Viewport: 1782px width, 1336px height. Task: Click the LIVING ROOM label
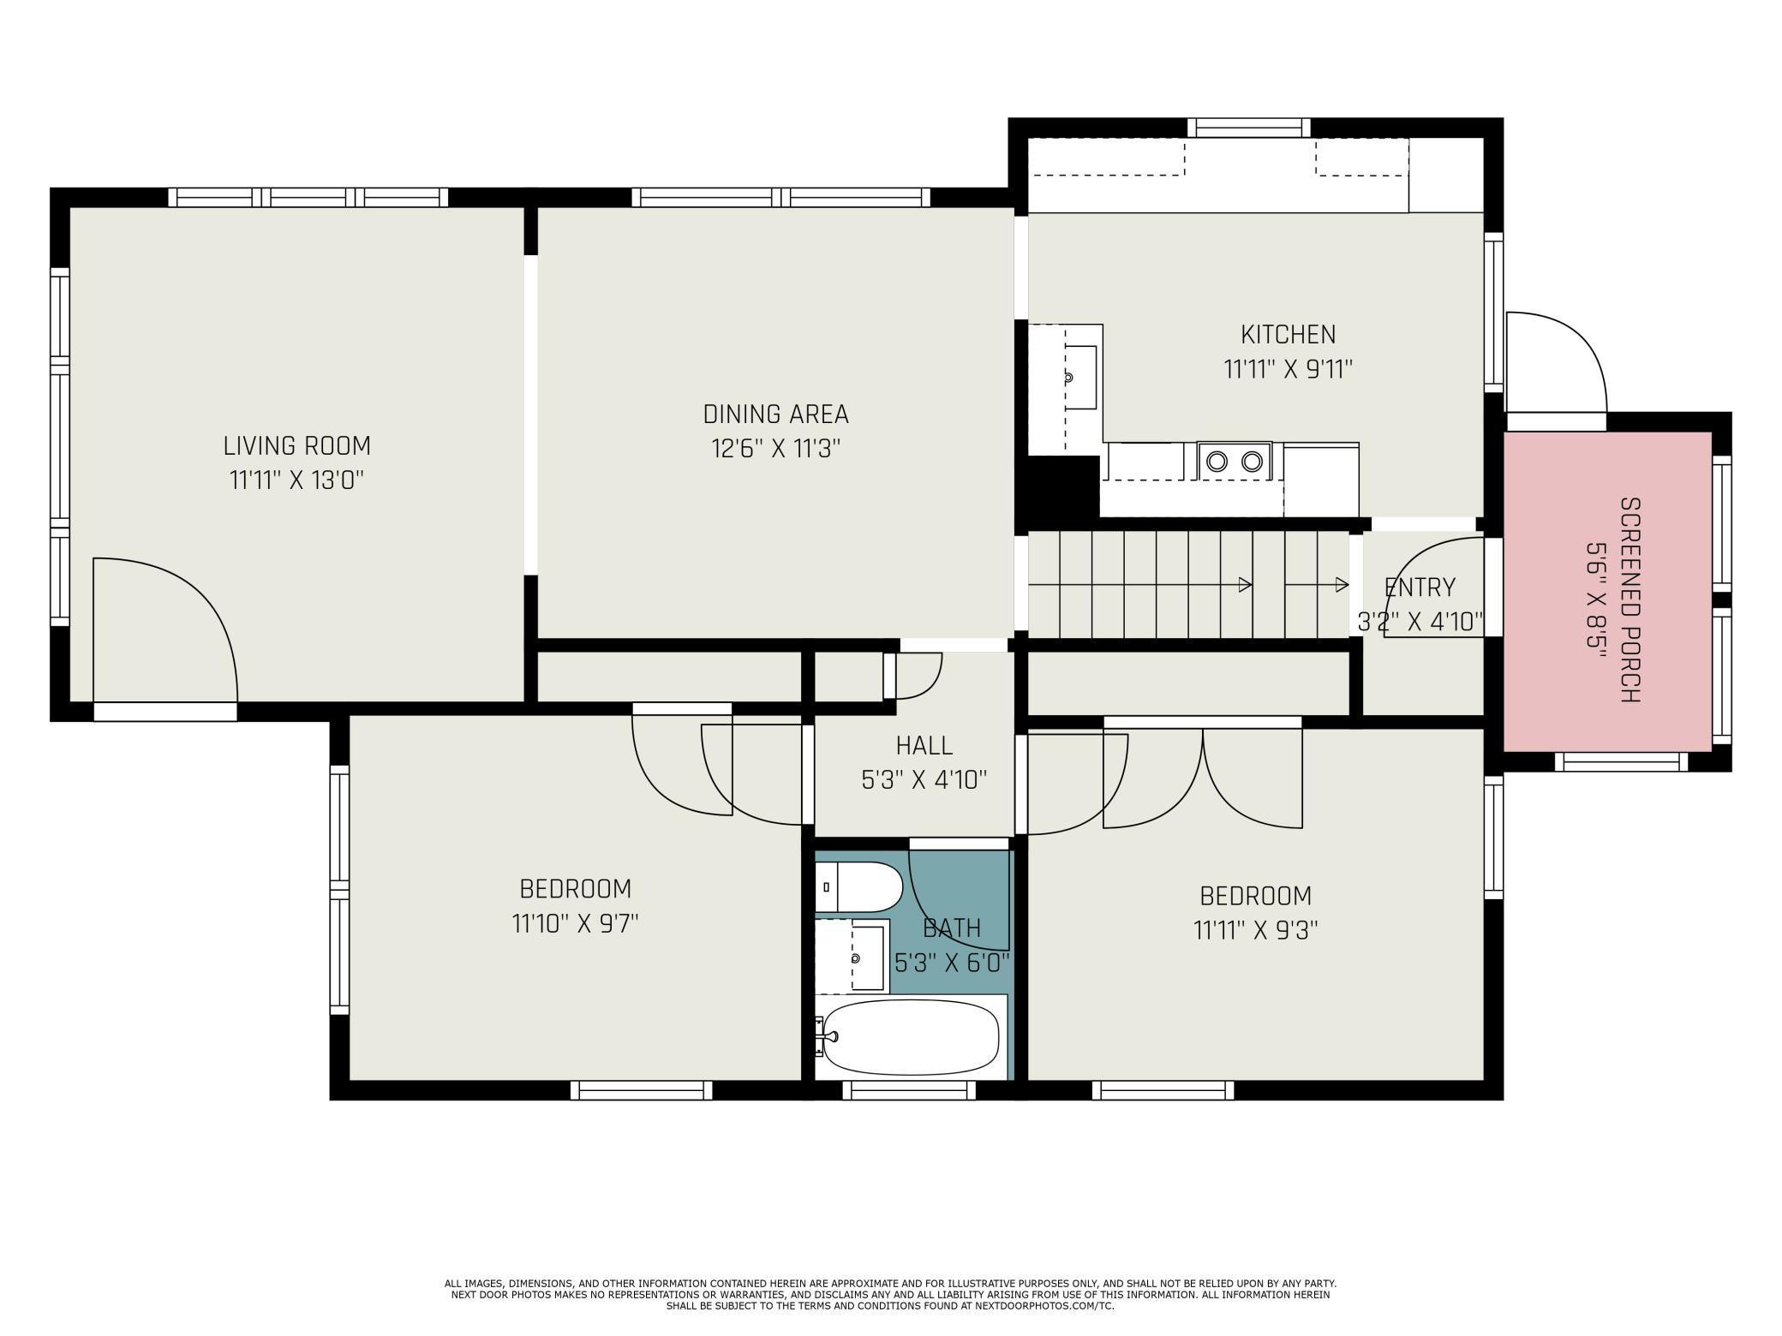tap(296, 446)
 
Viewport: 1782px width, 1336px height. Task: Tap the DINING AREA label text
tap(775, 415)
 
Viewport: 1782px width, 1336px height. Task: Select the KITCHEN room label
tap(1288, 334)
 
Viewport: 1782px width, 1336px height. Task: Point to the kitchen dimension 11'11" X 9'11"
tap(1288, 370)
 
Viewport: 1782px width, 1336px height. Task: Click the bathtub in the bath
tap(911, 1037)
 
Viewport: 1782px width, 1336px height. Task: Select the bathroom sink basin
tap(868, 957)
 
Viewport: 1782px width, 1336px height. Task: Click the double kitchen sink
tap(1235, 462)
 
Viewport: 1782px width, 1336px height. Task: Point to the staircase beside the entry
tap(1188, 585)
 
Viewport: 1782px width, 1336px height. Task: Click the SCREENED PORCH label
tap(1630, 600)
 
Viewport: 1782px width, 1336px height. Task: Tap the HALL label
tap(924, 746)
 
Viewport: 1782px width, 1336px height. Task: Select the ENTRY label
tap(1420, 587)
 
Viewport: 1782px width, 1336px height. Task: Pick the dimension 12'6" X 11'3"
tap(775, 449)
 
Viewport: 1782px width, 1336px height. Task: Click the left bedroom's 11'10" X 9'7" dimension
tap(576, 924)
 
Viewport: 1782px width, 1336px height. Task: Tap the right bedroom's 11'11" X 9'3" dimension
tap(1255, 930)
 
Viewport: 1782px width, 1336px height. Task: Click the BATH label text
tap(952, 928)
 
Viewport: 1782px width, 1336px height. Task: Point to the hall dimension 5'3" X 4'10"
tap(924, 780)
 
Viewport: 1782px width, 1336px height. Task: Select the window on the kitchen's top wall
tap(1248, 128)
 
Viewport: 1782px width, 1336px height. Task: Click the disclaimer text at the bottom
tap(891, 1294)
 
